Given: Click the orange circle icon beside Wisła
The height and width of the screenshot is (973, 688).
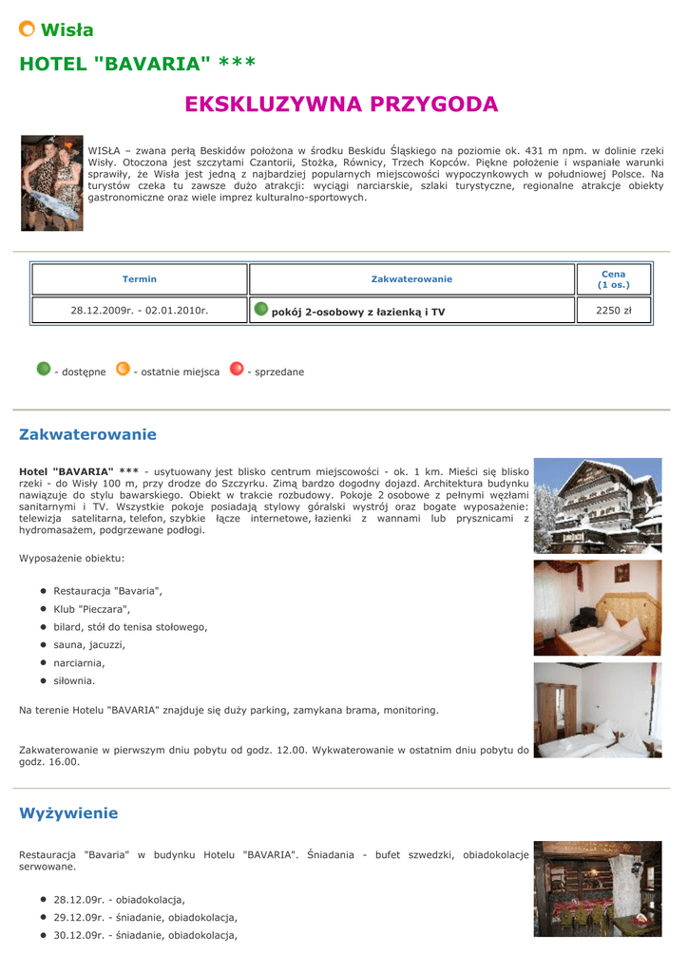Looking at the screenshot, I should pyautogui.click(x=28, y=29).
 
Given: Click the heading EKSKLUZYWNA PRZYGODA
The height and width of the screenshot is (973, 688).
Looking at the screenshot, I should pyautogui.click(x=341, y=105).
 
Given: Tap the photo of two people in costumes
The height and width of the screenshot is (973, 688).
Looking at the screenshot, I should pyautogui.click(x=52, y=183).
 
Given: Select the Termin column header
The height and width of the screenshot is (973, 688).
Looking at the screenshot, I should pyautogui.click(x=140, y=279).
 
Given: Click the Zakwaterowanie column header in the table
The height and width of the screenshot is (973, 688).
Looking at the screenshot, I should pyautogui.click(x=411, y=279).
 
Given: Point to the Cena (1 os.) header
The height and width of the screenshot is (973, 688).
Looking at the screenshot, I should pyautogui.click(x=614, y=279).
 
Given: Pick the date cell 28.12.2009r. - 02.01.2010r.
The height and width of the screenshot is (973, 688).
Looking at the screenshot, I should pyautogui.click(x=140, y=311).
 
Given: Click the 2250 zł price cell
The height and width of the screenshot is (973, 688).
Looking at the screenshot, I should pyautogui.click(x=614, y=311).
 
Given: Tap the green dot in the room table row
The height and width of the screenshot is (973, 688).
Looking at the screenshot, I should pyautogui.click(x=261, y=310).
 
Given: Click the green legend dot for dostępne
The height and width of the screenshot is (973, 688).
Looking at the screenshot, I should pyautogui.click(x=44, y=369).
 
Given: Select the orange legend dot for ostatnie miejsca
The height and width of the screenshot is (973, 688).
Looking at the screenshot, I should pyautogui.click(x=123, y=369).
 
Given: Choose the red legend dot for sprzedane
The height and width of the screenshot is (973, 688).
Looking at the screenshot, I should pyautogui.click(x=237, y=369).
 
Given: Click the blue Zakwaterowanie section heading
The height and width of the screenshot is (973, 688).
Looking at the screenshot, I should pyautogui.click(x=87, y=435).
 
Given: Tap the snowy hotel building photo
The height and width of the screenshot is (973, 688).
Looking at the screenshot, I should pyautogui.click(x=597, y=506).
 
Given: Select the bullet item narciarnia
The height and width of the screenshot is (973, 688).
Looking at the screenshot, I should pyautogui.click(x=79, y=663).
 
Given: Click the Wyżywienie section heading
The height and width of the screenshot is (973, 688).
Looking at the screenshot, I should pyautogui.click(x=68, y=813).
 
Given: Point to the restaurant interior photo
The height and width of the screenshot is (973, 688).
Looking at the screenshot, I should pyautogui.click(x=597, y=888).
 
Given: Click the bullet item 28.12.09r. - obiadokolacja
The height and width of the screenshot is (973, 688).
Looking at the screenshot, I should pyautogui.click(x=119, y=900).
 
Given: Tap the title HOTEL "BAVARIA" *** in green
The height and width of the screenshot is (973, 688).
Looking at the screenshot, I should pyautogui.click(x=138, y=65).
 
